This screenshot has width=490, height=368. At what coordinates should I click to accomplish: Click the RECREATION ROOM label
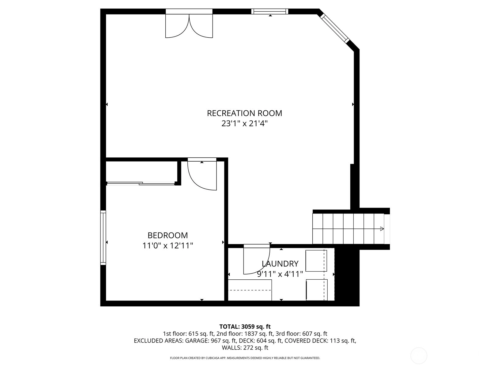[x=244, y=113]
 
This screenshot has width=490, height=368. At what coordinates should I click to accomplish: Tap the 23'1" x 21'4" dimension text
[x=244, y=123]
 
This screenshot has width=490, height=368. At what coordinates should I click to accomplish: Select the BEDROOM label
[x=168, y=236]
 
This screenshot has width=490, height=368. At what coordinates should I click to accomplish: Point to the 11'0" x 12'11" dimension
[x=168, y=246]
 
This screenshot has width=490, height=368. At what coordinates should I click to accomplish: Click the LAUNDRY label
[x=280, y=264]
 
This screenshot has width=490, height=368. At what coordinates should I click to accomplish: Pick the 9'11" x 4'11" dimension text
[x=280, y=274]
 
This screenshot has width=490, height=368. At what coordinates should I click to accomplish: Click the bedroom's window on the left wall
[x=103, y=237]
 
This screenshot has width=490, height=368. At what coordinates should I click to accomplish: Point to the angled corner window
[x=334, y=29]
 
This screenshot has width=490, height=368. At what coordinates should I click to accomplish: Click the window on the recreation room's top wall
[x=270, y=11]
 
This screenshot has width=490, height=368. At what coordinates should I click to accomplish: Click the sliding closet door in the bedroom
[x=141, y=184]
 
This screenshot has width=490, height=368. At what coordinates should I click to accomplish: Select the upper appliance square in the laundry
[x=316, y=261]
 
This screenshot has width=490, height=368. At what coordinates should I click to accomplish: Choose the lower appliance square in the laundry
[x=317, y=290]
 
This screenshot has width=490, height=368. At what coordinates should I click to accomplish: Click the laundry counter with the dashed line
[x=250, y=290]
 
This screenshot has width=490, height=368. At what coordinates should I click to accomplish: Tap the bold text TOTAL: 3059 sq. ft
[x=245, y=327]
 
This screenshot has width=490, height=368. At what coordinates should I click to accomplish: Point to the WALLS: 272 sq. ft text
[x=245, y=348]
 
